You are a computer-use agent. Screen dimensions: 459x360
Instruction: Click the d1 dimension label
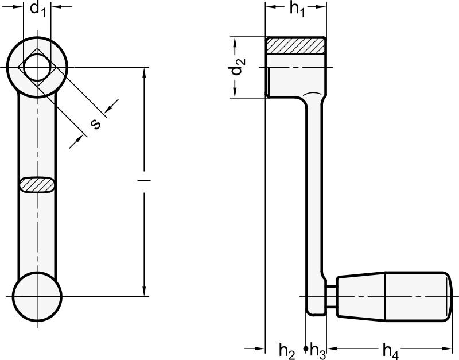[x=38, y=9]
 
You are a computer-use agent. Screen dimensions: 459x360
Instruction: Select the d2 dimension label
[x=238, y=66]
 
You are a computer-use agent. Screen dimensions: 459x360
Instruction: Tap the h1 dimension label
[x=297, y=9]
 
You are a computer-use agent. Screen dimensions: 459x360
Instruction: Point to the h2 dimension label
[x=287, y=351]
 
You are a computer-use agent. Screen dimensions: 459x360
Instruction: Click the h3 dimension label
[x=318, y=351]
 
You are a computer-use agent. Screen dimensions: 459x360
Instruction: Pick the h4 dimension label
[x=391, y=351]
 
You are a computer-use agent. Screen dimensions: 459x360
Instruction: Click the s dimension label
[x=95, y=124]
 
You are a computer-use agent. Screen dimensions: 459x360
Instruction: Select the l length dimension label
[x=144, y=180]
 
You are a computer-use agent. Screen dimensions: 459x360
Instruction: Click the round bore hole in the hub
[x=37, y=67]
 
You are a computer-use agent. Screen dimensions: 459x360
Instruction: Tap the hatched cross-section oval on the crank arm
[x=37, y=185]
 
